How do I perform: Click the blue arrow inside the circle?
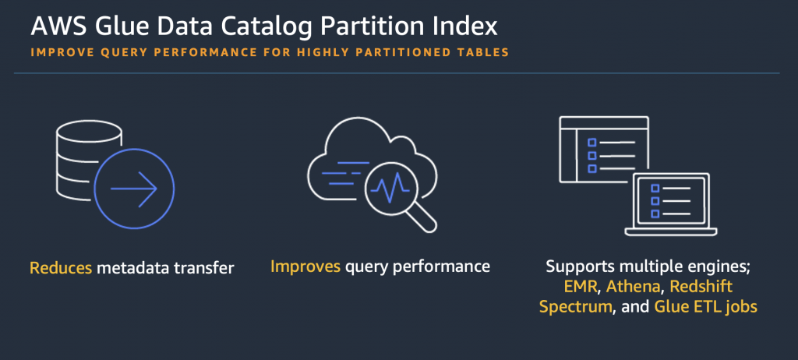point(134,189)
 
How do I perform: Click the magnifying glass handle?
point(422,217)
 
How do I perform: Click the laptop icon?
point(671,204)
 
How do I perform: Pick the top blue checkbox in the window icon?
point(592,143)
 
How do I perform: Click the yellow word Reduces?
point(61,268)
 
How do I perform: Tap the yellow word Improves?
point(305,266)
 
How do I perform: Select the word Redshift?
point(701,287)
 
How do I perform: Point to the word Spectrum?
point(575,308)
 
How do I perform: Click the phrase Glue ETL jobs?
point(705,307)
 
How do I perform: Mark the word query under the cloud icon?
point(364,267)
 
